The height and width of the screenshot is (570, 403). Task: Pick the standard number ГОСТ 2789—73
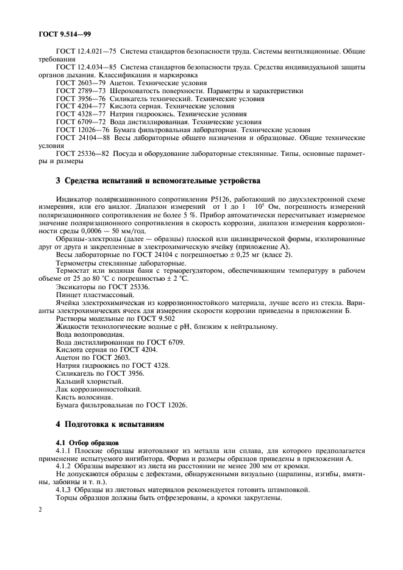tap(78, 90)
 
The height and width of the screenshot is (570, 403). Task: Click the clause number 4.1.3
tap(65, 489)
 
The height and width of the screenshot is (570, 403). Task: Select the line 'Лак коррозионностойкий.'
tap(99, 389)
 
